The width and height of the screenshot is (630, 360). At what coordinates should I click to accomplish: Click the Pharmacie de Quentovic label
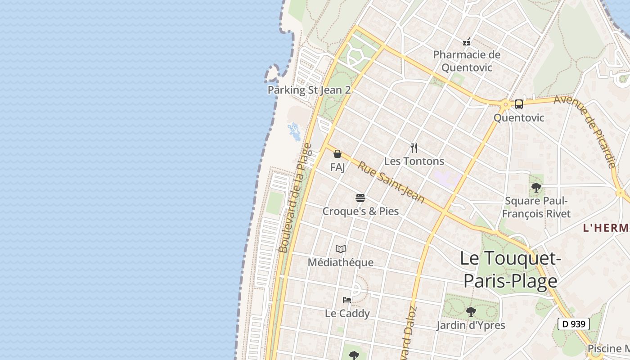[467, 61]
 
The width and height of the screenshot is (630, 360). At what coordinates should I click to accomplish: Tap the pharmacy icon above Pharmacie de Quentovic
[467, 42]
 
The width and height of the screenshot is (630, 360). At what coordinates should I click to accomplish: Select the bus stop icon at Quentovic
[518, 104]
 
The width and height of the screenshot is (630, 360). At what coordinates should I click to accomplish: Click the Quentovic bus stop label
[519, 118]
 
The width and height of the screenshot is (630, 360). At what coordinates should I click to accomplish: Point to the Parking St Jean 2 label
[309, 90]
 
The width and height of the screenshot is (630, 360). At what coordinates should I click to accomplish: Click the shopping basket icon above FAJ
[337, 154]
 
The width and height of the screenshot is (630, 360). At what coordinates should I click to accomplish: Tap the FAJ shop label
[337, 167]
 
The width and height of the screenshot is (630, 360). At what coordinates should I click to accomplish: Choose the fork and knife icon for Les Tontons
[414, 148]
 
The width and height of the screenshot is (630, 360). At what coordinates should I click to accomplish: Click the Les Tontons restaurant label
[414, 161]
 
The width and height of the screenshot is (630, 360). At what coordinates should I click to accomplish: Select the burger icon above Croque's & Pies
[360, 198]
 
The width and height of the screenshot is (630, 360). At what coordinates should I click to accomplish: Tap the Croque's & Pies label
[360, 211]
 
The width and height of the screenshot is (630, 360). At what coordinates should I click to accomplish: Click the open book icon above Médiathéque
[341, 249]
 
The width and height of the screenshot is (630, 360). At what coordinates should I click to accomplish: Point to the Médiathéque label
[341, 262]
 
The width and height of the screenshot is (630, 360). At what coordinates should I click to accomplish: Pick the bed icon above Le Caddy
[347, 300]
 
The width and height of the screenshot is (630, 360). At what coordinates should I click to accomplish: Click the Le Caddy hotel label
[347, 314]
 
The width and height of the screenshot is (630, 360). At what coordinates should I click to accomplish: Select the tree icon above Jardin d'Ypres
[471, 311]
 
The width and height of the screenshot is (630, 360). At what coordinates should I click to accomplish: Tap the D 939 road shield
[574, 324]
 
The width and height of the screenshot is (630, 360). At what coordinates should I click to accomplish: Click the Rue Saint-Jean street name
[391, 182]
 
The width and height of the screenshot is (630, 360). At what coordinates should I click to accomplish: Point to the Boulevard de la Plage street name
[295, 198]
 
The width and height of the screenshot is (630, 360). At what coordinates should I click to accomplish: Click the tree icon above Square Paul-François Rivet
[536, 187]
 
